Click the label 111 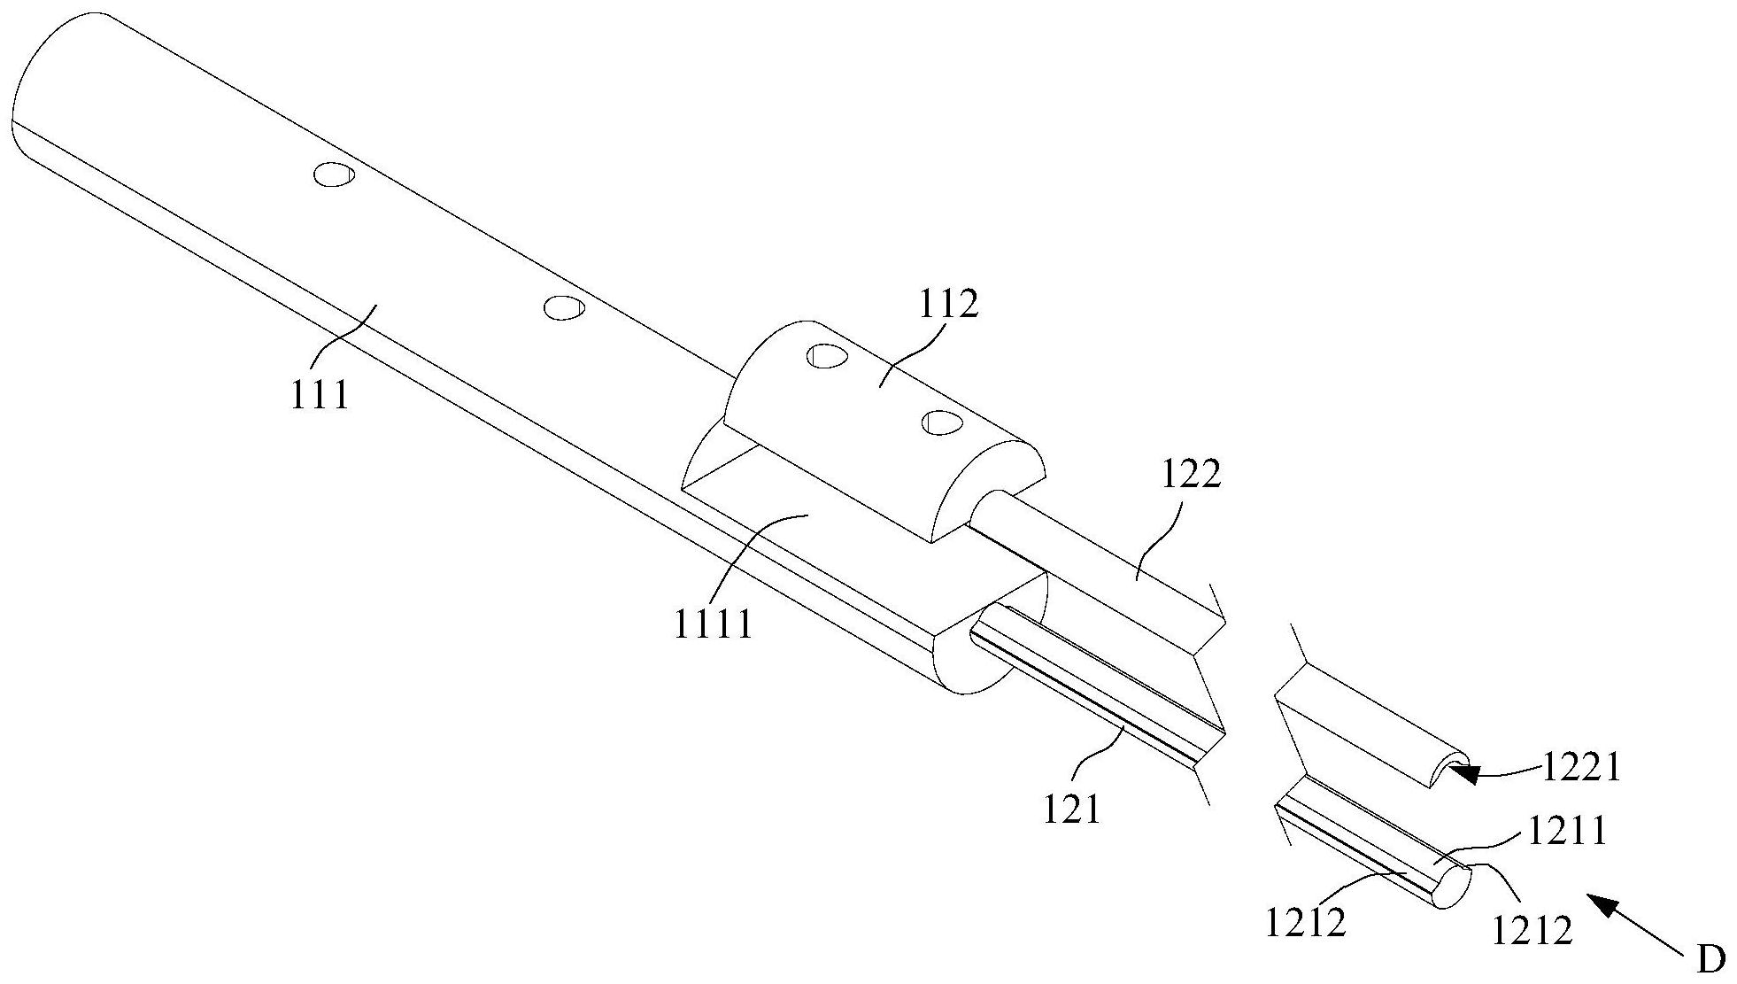coord(320,394)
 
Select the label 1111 coord(713,624)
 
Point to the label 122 coord(1191,475)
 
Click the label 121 coord(1071,810)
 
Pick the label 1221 coord(1582,767)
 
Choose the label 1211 coord(1565,832)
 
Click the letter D coord(1711,959)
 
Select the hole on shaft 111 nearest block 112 coord(564,307)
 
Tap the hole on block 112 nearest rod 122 coord(941,422)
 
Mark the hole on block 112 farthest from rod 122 coord(827,356)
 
